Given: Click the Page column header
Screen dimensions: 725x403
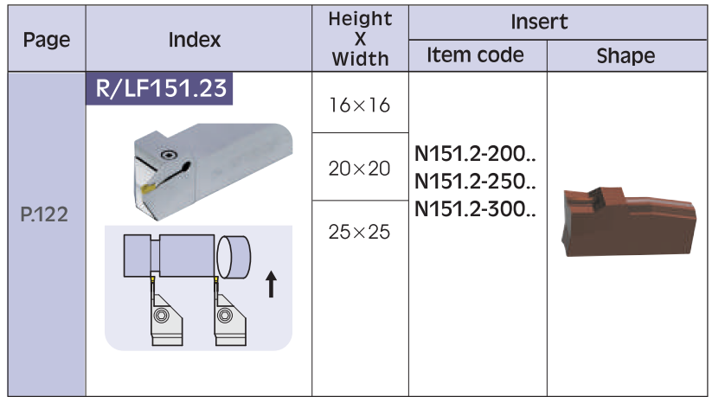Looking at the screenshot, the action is [47, 40].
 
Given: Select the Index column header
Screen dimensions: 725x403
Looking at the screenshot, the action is [195, 40].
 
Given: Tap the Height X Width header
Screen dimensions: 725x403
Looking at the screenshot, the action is [360, 39].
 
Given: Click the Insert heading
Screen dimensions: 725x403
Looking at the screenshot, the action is [539, 22].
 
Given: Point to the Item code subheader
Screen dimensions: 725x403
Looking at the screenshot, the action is [475, 55].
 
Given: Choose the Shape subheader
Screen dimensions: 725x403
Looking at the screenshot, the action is [626, 56].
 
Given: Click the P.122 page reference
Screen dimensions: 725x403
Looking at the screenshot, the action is [44, 214].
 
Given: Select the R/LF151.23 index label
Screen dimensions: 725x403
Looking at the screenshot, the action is [160, 88].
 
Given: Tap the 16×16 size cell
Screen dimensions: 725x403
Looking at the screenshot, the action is [360, 106].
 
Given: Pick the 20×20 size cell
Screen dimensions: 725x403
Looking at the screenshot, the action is [360, 169].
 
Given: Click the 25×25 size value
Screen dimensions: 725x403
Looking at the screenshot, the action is [360, 232].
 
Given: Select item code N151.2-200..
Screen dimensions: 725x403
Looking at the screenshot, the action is [475, 154].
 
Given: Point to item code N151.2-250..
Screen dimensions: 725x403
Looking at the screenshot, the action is [475, 181].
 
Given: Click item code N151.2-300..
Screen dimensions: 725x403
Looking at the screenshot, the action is [475, 209].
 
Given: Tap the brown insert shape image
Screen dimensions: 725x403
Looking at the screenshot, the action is [629, 221].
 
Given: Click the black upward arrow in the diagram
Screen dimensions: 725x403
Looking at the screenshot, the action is [272, 285].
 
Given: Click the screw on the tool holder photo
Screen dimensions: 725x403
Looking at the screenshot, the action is [169, 155].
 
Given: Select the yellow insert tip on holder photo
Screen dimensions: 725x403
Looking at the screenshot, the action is [149, 188].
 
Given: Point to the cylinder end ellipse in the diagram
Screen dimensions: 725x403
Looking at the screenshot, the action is [224, 257].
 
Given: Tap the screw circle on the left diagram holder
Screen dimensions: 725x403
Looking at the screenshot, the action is [162, 316].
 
